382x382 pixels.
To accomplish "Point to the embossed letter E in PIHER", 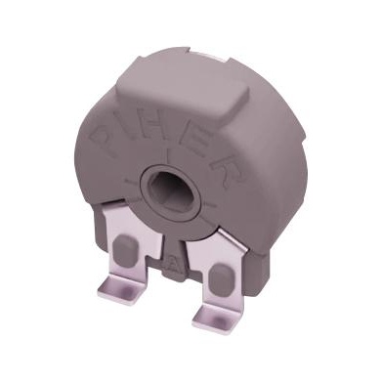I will coord(200,137).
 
